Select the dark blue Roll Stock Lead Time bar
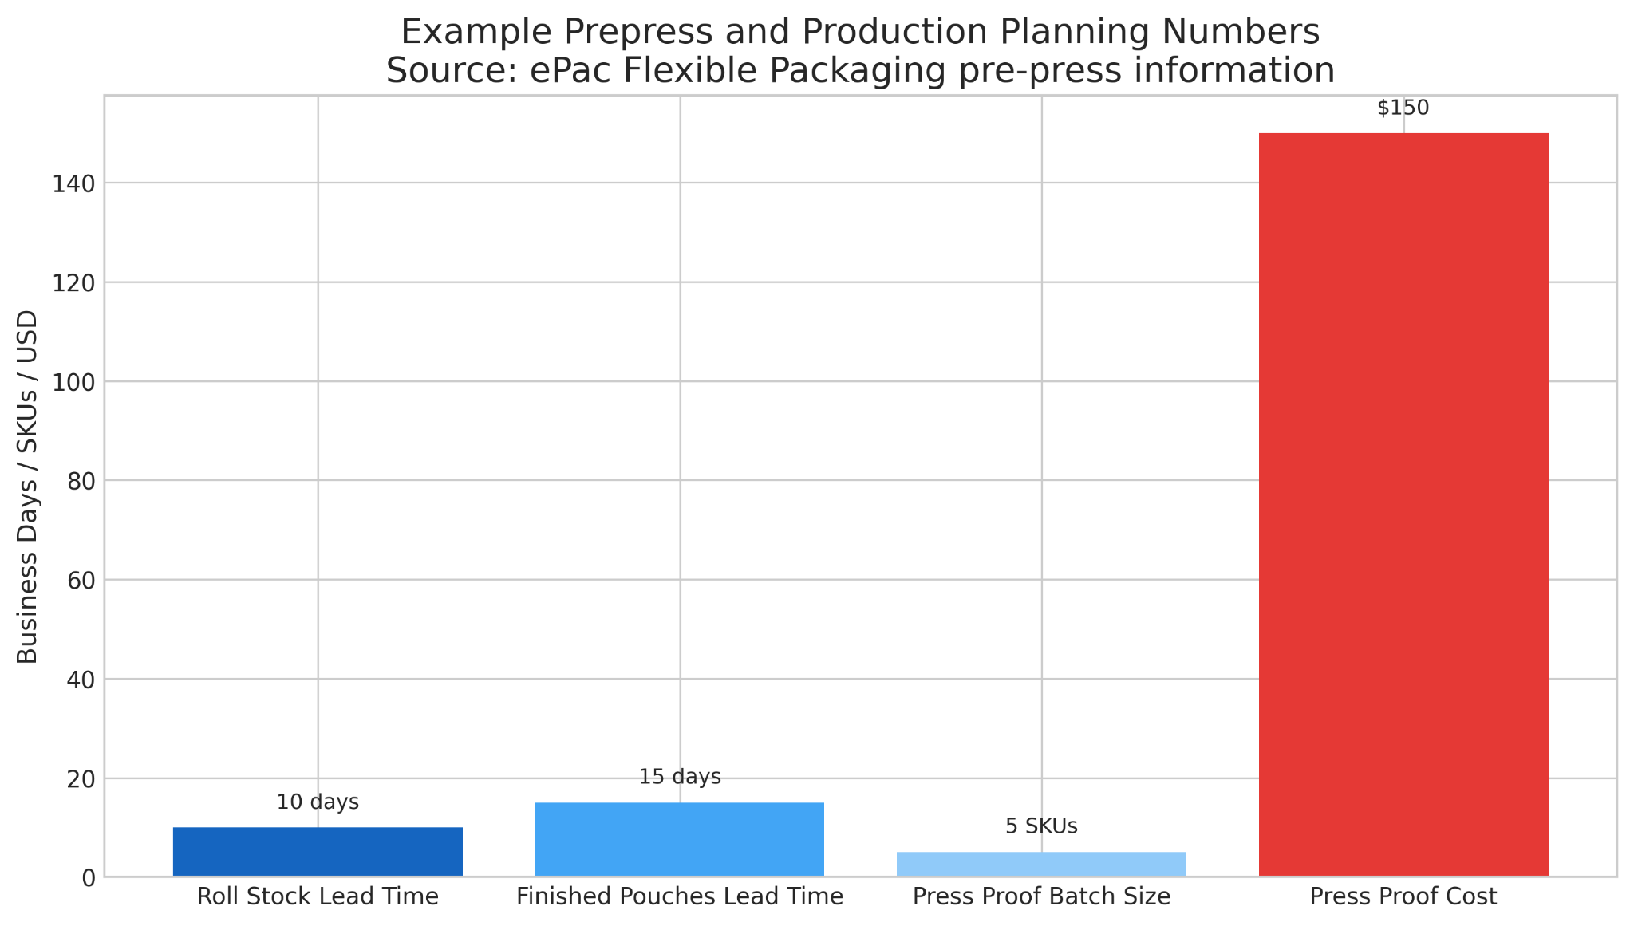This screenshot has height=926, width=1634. pos(318,852)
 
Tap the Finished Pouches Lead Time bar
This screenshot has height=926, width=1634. pos(680,839)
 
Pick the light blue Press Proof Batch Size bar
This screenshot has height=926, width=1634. pos(1041,864)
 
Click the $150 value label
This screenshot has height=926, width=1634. pos(1403,108)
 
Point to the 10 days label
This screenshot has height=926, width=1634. pos(318,802)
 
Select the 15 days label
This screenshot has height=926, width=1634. pos(680,777)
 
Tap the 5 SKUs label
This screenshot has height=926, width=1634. pos(1041,827)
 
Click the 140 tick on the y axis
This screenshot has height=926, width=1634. pos(74,183)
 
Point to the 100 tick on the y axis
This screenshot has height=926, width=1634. pos(74,382)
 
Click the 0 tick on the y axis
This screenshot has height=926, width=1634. pos(89,878)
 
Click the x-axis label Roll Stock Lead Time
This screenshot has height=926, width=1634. pos(318,897)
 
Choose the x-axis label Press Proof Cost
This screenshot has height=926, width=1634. pos(1403,897)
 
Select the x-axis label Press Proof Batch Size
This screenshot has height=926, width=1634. pos(1041,897)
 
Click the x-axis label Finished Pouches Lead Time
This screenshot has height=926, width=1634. pos(680,897)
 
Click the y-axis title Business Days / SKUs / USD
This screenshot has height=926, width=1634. pos(28,487)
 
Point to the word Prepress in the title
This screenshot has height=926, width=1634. pos(603,33)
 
